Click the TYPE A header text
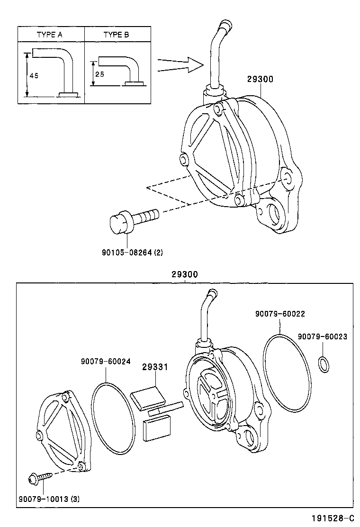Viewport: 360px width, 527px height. pyautogui.click(x=51, y=35)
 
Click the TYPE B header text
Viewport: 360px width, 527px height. pyautogui.click(x=117, y=35)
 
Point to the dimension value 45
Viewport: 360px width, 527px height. pyautogui.click(x=34, y=75)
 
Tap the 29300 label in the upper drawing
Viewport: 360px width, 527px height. pyautogui.click(x=260, y=80)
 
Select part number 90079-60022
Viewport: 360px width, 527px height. pyautogui.click(x=279, y=313)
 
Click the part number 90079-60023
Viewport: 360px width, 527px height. pyautogui.click(x=323, y=336)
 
